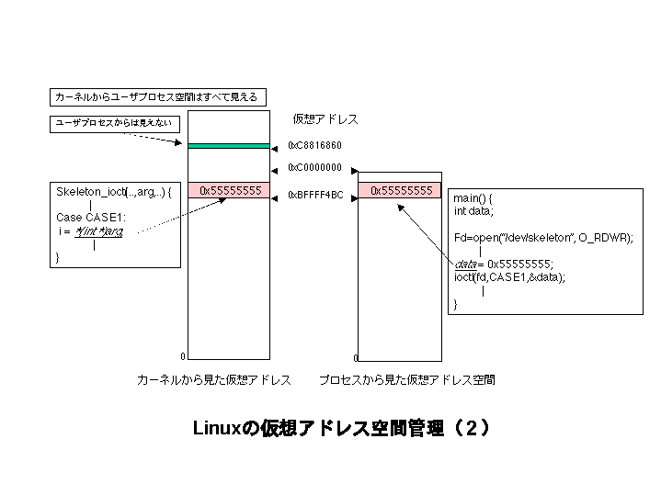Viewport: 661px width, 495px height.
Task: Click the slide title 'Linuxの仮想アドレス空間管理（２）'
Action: (339, 429)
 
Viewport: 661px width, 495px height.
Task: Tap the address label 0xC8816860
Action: (314, 145)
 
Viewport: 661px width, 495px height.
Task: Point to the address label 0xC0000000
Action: (314, 168)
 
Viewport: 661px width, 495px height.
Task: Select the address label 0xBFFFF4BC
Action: (315, 195)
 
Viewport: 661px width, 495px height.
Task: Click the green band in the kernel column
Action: (229, 145)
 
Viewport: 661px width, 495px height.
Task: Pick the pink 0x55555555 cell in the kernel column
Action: (230, 190)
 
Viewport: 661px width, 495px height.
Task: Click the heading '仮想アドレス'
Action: (325, 119)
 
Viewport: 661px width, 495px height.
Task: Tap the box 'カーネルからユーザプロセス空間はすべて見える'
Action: (157, 96)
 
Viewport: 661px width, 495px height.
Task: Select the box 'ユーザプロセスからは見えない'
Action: (113, 122)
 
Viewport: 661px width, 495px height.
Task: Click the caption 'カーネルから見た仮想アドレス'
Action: (214, 379)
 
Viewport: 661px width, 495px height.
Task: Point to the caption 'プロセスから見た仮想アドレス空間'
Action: (406, 379)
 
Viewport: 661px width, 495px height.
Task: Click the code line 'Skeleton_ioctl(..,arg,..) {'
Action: (114, 193)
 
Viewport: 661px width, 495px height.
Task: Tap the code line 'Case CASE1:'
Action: (89, 218)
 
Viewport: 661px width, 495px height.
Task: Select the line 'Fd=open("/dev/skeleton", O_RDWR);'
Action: (543, 237)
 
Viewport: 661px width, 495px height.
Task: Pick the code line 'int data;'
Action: (473, 211)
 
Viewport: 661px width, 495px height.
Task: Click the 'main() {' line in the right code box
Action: (473, 197)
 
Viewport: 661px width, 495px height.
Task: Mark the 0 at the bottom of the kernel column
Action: (183, 356)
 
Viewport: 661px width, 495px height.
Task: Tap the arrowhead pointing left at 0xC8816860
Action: (274, 145)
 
